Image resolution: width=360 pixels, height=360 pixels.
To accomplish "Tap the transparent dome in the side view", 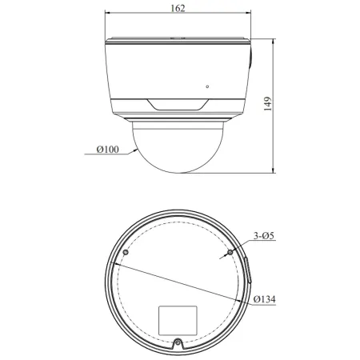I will (x=179, y=148).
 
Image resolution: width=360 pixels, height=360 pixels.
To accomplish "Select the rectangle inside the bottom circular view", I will (x=178, y=319).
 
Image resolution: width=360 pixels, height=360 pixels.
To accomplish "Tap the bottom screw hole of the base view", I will (x=178, y=346).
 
